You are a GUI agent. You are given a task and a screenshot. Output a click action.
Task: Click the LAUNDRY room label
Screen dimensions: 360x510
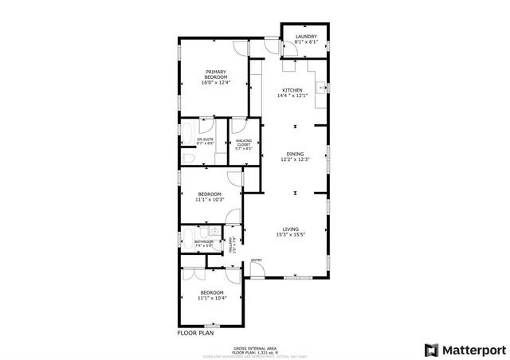[x=306, y=37]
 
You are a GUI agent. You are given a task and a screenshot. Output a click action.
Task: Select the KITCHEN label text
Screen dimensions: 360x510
[x=292, y=91]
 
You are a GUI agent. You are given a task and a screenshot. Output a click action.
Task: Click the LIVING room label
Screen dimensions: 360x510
[x=291, y=229]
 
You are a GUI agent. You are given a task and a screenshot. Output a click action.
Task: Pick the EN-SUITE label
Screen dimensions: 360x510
[x=206, y=139]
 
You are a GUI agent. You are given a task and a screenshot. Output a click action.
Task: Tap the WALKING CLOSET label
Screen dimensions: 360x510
[x=243, y=143]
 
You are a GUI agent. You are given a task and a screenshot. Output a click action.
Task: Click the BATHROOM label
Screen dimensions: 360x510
[x=204, y=241]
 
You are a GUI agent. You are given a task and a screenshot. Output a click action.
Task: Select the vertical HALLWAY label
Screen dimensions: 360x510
[x=232, y=244]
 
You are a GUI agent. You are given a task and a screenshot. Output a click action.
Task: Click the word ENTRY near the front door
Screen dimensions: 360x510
[x=257, y=260]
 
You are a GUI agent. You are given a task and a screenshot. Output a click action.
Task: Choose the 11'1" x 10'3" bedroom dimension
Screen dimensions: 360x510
[x=210, y=199]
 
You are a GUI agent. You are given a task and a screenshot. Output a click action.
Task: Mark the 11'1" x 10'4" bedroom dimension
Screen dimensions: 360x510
[x=212, y=298]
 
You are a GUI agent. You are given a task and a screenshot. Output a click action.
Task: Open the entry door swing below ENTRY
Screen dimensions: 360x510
[x=257, y=270]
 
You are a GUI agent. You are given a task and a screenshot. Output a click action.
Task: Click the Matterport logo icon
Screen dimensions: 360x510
[x=431, y=349]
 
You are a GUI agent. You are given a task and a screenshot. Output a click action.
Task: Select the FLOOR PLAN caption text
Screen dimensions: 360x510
[x=195, y=334]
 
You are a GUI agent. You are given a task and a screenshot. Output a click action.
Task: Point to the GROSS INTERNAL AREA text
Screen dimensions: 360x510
[x=254, y=348]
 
